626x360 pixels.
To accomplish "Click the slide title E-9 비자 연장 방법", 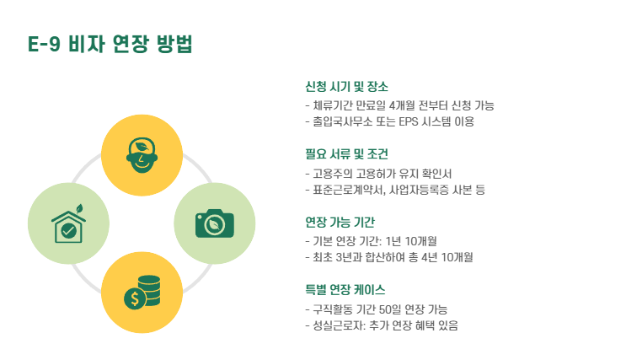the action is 110,45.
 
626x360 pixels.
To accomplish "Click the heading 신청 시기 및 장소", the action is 346,87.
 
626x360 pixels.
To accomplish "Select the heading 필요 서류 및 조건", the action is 346,154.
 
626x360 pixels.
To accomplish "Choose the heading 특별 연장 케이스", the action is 345,290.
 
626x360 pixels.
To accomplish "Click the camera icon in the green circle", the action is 214,223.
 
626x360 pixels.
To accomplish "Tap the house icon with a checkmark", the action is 68,223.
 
